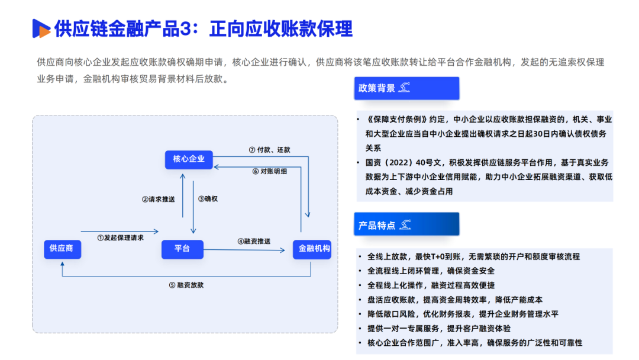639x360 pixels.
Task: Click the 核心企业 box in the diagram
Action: (189, 159)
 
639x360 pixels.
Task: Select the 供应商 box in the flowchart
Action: (62, 249)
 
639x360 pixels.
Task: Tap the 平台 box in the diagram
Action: (182, 249)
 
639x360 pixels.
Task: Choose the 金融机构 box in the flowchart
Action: (311, 249)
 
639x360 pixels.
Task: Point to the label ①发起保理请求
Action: (121, 238)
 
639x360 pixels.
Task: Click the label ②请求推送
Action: (159, 199)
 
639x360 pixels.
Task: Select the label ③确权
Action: (208, 199)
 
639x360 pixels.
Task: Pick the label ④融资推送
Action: (254, 241)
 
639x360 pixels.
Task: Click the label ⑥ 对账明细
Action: (269, 171)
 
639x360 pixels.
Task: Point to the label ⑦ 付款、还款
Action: (269, 150)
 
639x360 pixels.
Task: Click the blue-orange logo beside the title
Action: (41, 28)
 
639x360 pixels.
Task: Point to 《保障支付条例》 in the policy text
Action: (395, 119)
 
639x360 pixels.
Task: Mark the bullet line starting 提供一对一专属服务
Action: (439, 329)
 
